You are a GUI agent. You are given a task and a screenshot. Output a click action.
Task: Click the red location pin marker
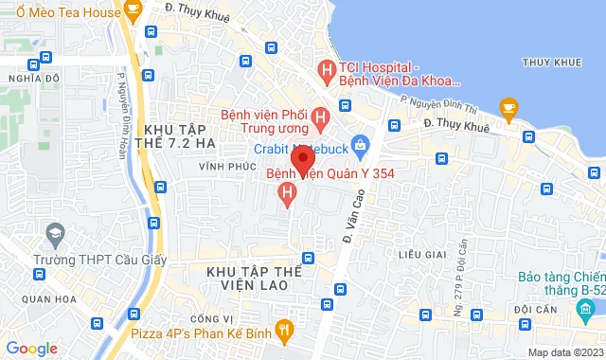302,158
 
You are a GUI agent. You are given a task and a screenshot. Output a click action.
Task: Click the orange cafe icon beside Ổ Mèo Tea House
133,12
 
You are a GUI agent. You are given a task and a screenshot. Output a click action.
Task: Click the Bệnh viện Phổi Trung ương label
264,120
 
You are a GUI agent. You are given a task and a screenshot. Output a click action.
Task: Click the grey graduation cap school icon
56,233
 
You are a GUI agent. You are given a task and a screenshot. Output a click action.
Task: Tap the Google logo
31,349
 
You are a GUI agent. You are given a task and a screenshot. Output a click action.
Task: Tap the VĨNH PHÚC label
221,166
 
